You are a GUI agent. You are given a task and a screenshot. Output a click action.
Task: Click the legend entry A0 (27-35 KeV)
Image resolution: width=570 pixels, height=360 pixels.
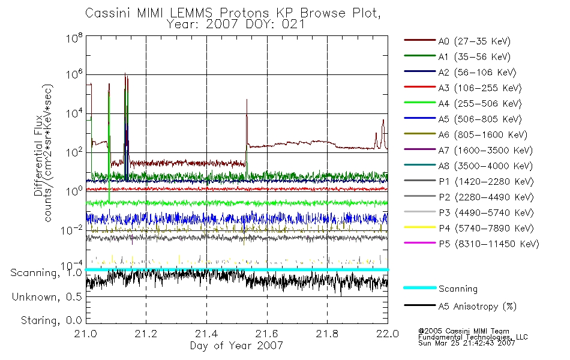pos(457,41)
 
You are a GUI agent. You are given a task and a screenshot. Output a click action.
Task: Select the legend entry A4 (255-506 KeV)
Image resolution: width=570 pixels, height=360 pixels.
pos(463,104)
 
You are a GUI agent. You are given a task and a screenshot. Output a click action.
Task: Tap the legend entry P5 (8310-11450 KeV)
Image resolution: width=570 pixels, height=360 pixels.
pos(472,244)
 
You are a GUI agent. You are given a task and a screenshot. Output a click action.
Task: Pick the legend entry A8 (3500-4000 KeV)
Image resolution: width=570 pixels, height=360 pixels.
pos(468,166)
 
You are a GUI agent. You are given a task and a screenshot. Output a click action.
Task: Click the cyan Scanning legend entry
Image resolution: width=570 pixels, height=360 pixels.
pos(440,289)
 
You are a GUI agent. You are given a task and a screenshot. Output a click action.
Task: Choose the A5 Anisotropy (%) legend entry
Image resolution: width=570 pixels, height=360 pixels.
pos(460,306)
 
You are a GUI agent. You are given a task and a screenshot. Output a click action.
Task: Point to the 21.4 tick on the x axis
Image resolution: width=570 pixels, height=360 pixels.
pos(206,334)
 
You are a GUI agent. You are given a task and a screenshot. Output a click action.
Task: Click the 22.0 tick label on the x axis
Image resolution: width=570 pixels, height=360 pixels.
pos(388,334)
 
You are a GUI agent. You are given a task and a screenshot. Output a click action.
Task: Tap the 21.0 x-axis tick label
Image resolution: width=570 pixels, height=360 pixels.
pos(86,334)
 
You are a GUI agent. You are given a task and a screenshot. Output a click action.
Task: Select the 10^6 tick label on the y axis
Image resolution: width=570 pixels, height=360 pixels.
pos(74,74)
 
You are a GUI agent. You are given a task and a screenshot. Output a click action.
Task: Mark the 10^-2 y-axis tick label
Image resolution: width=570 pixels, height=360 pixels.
pos(71,230)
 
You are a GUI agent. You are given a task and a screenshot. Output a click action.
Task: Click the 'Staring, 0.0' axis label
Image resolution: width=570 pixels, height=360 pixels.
pos(51,320)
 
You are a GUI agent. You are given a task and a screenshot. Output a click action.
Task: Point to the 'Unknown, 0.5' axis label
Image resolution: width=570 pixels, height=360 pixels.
pos(47,297)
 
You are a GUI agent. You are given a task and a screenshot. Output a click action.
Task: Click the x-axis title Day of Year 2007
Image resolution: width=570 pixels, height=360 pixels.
pos(236,345)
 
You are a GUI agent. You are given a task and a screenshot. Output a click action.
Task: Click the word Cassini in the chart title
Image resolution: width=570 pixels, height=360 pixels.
pos(109,13)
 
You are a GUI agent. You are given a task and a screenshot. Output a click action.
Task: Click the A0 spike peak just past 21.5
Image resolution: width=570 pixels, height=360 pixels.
pos(247,99)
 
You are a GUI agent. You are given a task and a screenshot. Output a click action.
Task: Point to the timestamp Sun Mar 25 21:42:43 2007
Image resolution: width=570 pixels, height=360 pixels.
pos(466,343)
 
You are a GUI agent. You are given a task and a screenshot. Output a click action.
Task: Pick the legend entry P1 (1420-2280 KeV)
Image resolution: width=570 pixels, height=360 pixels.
pos(469,181)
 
